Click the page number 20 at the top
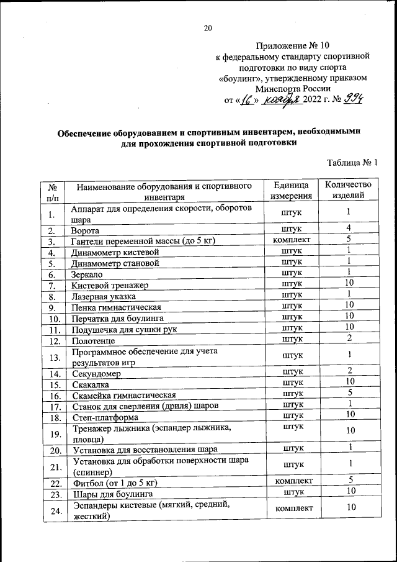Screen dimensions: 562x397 click(208, 27)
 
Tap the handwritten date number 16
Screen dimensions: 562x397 click(247, 101)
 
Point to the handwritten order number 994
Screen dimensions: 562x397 click(355, 100)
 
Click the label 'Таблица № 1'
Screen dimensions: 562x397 click(352, 163)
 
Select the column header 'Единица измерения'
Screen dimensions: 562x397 click(291, 191)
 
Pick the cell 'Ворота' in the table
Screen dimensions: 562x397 click(86, 230)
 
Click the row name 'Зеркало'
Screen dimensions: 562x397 click(89, 274)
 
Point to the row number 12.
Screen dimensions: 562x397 click(54, 341)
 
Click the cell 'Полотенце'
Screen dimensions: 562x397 click(93, 341)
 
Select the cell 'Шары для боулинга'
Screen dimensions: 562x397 click(112, 494)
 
